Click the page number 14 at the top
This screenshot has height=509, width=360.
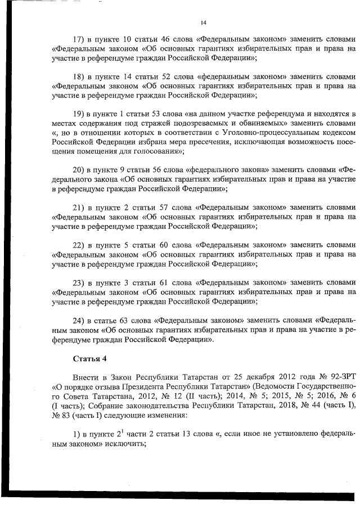(x=204, y=22)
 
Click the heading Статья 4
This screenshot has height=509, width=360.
(x=89, y=358)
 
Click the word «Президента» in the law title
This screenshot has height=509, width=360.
(x=143, y=385)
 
